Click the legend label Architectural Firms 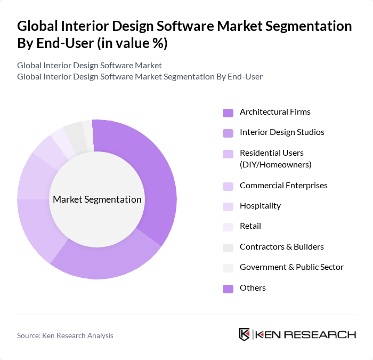[275, 112]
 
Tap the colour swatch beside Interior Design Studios [228, 133]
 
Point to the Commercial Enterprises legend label [283, 186]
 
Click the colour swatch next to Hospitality [228, 206]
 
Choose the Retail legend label [250, 226]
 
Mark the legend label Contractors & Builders [282, 246]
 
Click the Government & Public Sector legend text [291, 267]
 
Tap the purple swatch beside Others [228, 289]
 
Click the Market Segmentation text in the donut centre [97, 199]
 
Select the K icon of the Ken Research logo [244, 334]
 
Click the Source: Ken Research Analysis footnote [65, 335]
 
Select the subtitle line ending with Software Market [90, 66]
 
